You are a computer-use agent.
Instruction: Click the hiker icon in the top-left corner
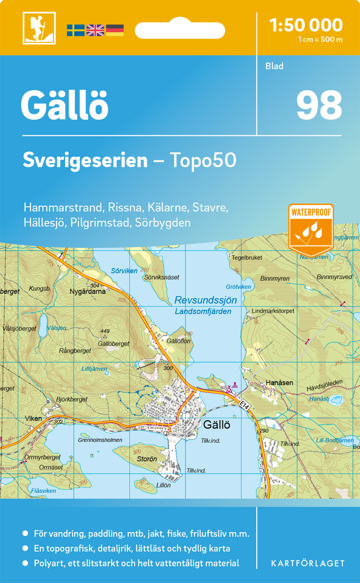click(39, 28)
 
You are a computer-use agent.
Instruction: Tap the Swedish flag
click(75, 30)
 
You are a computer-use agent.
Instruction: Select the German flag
click(115, 30)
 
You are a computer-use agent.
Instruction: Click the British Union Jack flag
click(95, 30)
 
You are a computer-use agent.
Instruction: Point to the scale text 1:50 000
click(306, 25)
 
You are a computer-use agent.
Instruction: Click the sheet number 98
click(319, 106)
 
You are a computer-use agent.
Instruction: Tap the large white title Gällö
click(65, 106)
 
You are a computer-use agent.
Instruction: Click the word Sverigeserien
click(85, 160)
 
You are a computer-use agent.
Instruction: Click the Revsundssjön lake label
click(206, 300)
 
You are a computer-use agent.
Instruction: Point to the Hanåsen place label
click(279, 383)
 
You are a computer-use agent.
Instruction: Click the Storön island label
click(147, 459)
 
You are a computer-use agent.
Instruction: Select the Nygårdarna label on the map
click(87, 291)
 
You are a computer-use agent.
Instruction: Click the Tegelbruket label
click(247, 258)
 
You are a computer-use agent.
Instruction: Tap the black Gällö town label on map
click(217, 425)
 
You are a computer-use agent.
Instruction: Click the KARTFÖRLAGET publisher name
click(308, 564)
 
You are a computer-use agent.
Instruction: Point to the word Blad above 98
click(274, 66)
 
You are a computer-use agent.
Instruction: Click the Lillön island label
click(163, 485)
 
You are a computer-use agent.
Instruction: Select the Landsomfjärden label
click(203, 311)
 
